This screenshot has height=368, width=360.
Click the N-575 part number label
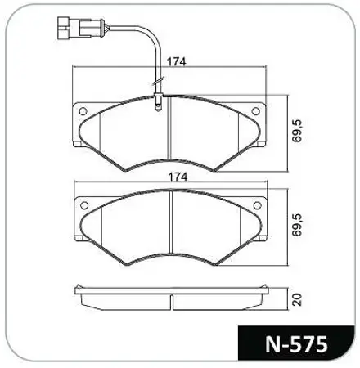(296, 344)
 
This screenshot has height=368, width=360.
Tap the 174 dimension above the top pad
(176, 62)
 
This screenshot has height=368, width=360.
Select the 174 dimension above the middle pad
(178, 177)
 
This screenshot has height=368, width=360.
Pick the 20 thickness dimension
(297, 299)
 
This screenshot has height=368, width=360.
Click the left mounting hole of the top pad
(83, 111)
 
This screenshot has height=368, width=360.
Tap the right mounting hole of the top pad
(255, 111)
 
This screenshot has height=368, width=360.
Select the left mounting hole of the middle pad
(84, 205)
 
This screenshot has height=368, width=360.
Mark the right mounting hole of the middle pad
(257, 205)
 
